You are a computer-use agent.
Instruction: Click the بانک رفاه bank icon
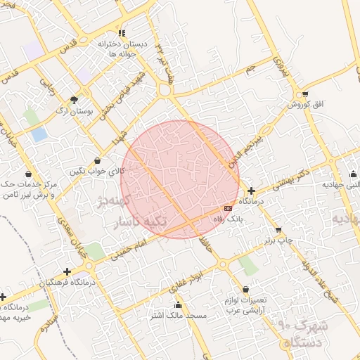click(x=228, y=209)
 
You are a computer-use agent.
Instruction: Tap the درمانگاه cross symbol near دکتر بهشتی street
click(x=252, y=191)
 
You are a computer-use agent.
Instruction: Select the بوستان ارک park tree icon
click(x=75, y=100)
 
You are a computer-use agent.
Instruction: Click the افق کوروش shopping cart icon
click(x=304, y=94)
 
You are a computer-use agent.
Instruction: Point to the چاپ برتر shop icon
click(x=278, y=230)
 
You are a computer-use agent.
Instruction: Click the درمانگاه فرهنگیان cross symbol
click(x=67, y=271)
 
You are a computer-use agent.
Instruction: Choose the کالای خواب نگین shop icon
click(x=97, y=161)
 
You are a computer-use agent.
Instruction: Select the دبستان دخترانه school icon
click(x=122, y=33)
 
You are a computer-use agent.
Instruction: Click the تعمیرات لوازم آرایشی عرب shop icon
click(x=245, y=289)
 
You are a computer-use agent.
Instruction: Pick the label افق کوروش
click(x=304, y=104)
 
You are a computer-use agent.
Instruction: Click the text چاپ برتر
click(x=278, y=240)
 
